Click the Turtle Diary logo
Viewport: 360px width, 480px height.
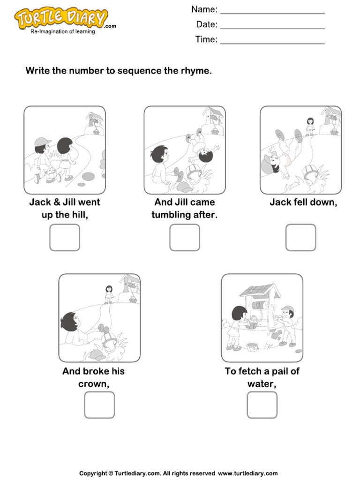click(x=61, y=20)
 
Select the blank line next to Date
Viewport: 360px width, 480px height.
click(x=272, y=26)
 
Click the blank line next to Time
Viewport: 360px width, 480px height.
click(x=272, y=41)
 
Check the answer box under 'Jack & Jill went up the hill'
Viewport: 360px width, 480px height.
click(x=65, y=237)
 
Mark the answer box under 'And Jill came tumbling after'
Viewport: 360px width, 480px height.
click(x=185, y=237)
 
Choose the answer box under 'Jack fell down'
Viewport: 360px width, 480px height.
click(x=301, y=237)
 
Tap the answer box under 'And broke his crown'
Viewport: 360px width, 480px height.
click(x=99, y=405)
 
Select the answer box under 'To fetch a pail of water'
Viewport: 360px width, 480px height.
click(x=262, y=405)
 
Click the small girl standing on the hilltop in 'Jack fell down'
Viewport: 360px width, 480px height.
click(x=310, y=126)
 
